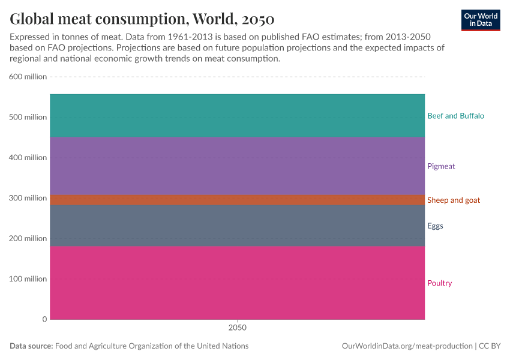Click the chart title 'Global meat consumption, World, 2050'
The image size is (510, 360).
click(x=142, y=19)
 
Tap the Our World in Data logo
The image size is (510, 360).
click(x=481, y=20)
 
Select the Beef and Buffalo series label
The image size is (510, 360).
click(x=455, y=116)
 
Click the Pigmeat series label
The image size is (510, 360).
click(x=441, y=166)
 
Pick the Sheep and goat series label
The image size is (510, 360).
click(x=453, y=200)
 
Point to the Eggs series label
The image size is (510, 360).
click(x=435, y=226)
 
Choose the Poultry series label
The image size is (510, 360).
click(x=439, y=283)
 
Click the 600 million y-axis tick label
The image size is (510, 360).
click(x=28, y=77)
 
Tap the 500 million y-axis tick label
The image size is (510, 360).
click(x=28, y=117)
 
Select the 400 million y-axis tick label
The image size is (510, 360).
click(x=28, y=158)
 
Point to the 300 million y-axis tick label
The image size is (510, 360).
click(x=28, y=198)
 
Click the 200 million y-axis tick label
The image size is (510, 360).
click(x=28, y=238)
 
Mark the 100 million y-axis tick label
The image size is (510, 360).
click(x=28, y=279)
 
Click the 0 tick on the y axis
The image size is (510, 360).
click(x=44, y=319)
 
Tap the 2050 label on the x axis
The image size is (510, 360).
click(x=237, y=328)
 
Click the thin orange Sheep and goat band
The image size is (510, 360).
click(x=237, y=200)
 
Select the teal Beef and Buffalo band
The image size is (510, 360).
click(x=237, y=116)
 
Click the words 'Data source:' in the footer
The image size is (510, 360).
click(x=31, y=346)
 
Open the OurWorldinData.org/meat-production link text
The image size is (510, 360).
click(x=407, y=346)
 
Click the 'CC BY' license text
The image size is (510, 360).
click(x=490, y=346)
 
